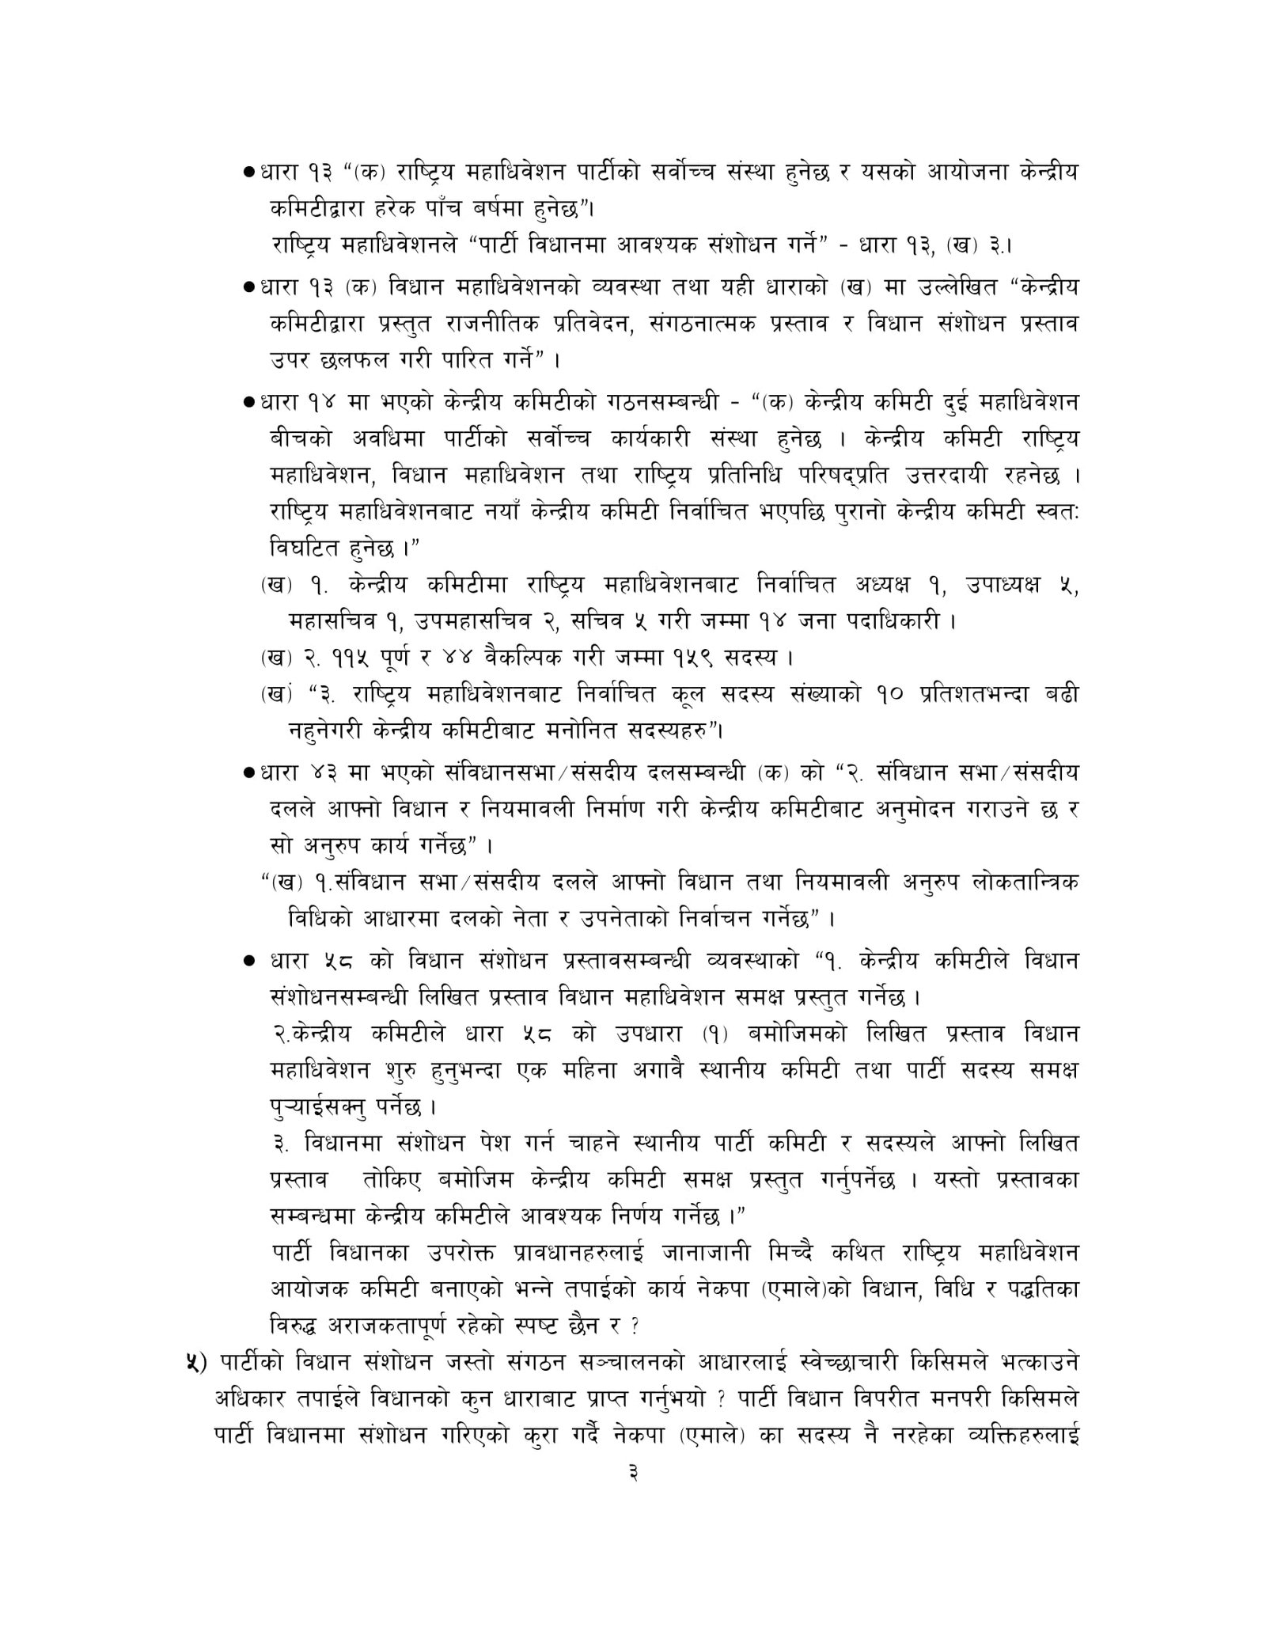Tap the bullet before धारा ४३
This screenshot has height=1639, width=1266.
(x=248, y=772)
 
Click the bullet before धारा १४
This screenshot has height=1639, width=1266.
(x=248, y=403)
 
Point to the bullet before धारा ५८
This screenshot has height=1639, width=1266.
(x=249, y=962)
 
